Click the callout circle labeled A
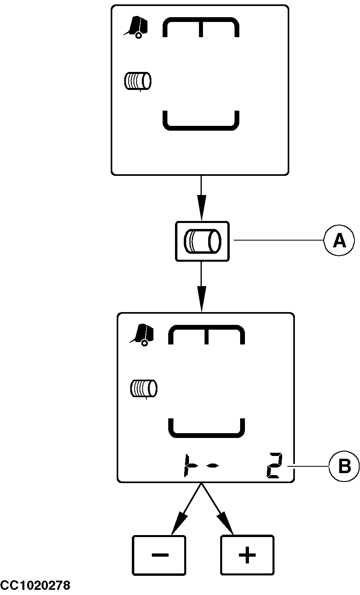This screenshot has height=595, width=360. [x=339, y=241]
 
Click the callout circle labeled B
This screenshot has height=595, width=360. [x=344, y=466]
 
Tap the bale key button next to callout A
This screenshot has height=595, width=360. [x=202, y=241]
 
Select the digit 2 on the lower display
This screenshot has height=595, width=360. [x=275, y=466]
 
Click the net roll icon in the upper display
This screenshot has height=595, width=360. [x=138, y=81]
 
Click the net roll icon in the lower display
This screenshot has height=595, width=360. [x=144, y=389]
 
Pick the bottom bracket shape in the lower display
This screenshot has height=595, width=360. [x=207, y=428]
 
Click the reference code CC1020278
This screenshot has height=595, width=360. [x=35, y=586]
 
